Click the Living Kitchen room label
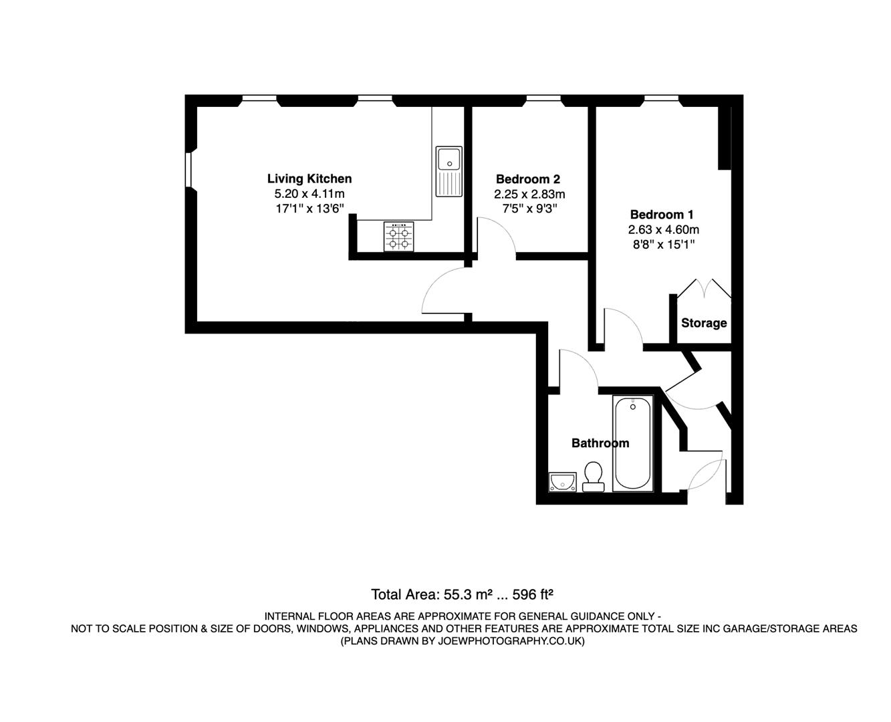coord(309,178)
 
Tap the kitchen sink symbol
coord(449,171)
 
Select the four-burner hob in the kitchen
coord(399,237)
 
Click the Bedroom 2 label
coord(527,179)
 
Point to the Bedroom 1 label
coord(662,215)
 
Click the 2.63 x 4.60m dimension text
coord(663,229)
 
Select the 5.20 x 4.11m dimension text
coord(309,194)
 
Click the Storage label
coord(703,323)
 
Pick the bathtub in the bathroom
coord(632,444)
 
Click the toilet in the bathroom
coord(592,477)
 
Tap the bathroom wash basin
coord(563,481)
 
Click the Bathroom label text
coord(600,443)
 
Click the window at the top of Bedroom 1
coord(661,99)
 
